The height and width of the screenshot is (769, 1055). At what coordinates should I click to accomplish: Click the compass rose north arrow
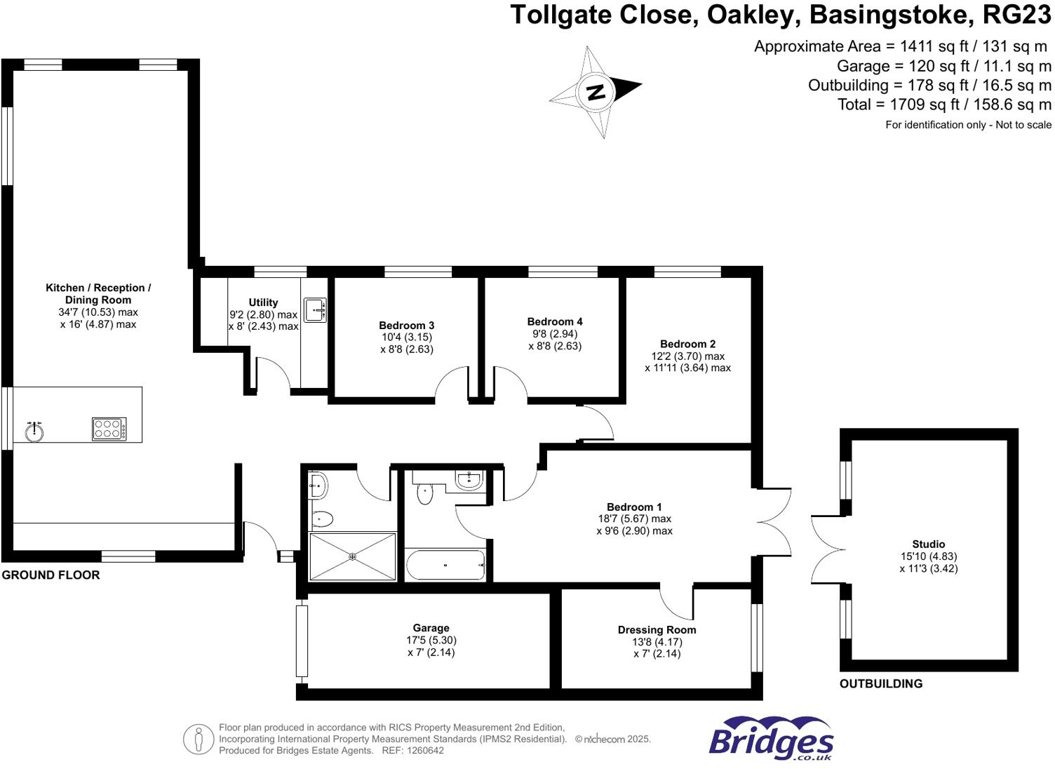(596, 92)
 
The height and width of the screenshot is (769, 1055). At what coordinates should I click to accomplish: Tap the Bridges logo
(771, 740)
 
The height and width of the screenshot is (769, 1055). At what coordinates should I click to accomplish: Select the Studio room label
(928, 544)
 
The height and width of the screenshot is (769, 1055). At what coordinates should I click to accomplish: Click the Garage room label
(431, 628)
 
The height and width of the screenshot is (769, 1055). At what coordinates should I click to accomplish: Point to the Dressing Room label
(657, 629)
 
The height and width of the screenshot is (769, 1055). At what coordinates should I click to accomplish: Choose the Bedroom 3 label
(406, 325)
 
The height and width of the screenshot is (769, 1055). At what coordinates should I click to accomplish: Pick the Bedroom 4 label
(555, 321)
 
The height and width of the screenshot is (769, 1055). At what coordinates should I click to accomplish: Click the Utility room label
(263, 302)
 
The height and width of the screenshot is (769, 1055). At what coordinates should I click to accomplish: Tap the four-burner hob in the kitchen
(109, 429)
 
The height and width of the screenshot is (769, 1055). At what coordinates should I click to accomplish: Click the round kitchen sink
(34, 432)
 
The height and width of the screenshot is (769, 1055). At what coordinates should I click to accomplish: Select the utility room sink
(315, 309)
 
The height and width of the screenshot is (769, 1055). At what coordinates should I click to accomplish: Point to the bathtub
(445, 565)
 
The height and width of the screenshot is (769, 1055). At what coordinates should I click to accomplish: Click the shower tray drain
(352, 556)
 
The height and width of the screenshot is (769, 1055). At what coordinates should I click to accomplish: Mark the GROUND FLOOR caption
(51, 575)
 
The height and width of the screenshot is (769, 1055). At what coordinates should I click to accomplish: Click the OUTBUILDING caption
(881, 683)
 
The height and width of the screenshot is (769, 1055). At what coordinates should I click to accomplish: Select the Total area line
(944, 105)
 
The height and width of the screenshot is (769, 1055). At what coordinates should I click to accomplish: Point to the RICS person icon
(199, 739)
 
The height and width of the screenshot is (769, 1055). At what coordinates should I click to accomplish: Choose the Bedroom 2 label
(687, 344)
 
